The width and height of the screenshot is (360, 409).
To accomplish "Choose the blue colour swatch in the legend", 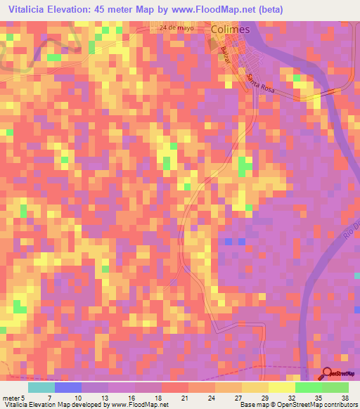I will pyautogui.click(x=67, y=387).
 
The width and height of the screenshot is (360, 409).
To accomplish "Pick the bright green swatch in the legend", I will pyautogui.click(x=308, y=387).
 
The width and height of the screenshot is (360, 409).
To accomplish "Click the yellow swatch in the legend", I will pyautogui.click(x=281, y=387).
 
